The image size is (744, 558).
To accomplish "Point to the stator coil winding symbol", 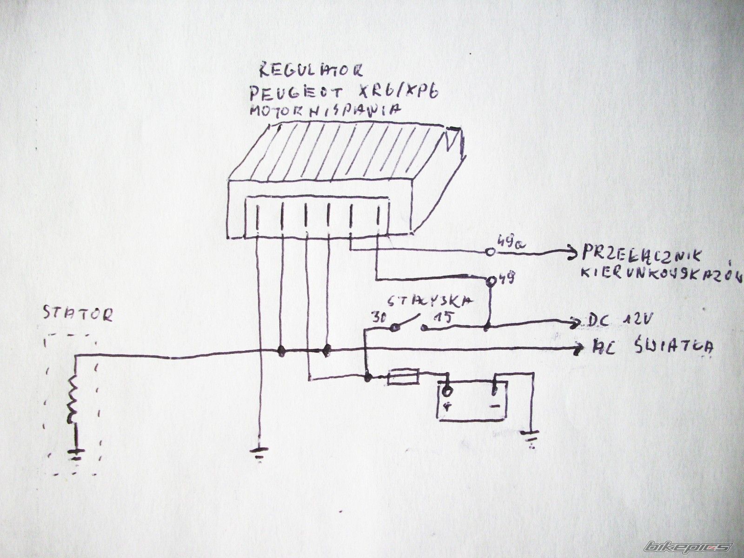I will [73, 400].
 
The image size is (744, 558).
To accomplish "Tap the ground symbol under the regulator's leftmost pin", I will [259, 452].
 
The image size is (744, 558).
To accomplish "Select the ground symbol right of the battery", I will [531, 437].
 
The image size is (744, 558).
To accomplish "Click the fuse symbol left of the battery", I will [403, 376].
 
